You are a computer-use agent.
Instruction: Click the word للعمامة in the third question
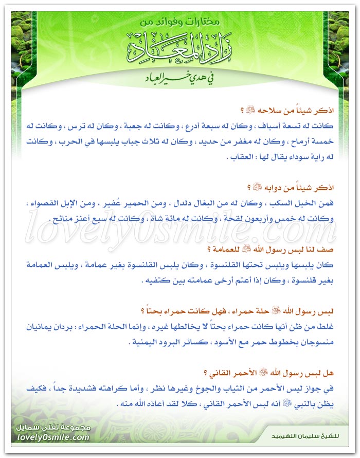(x=223, y=250)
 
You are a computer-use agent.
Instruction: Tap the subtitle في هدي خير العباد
(x=180, y=79)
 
